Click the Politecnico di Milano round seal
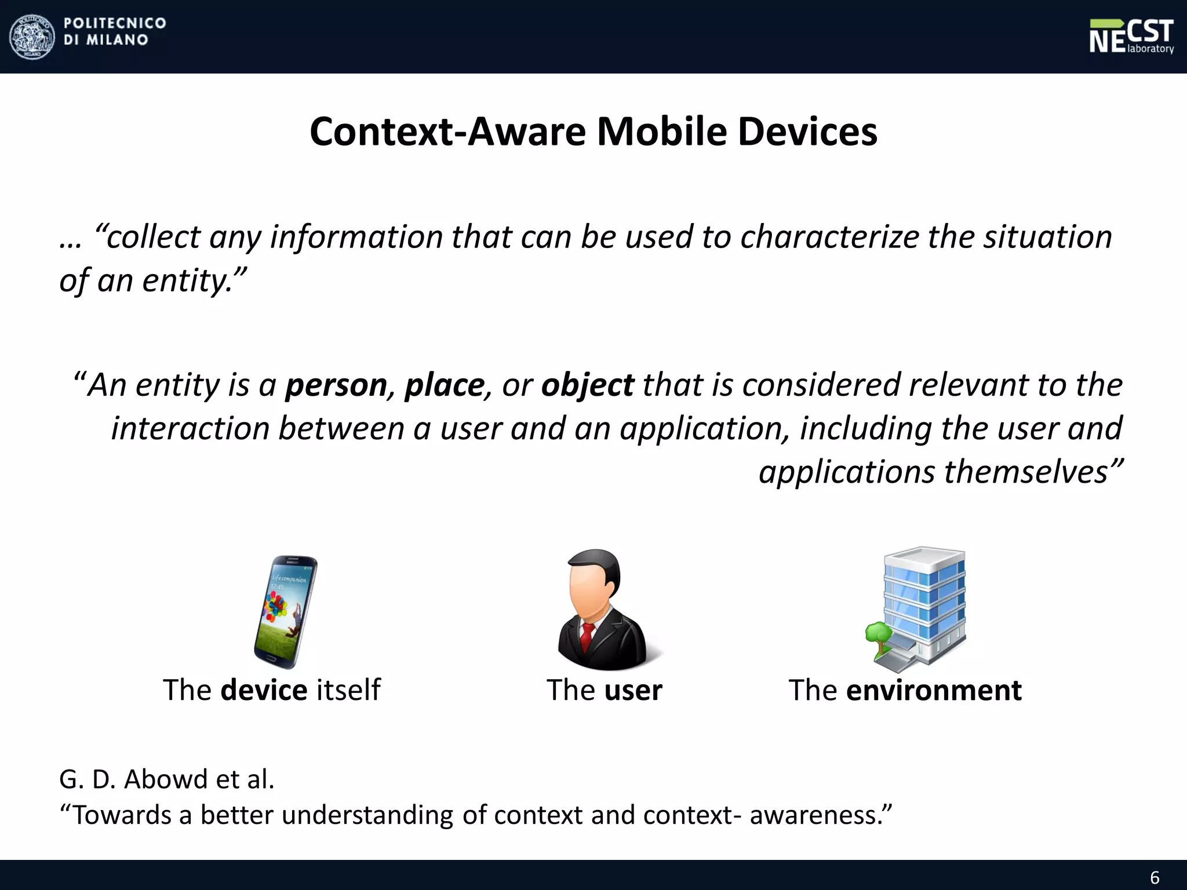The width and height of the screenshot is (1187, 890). tap(32, 37)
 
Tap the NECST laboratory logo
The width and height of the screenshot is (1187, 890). tap(1131, 37)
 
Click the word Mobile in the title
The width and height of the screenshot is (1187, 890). tap(661, 132)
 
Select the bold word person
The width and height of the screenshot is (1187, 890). tap(336, 385)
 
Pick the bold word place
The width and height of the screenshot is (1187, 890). tap(444, 385)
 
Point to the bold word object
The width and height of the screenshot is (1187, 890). tap(587, 385)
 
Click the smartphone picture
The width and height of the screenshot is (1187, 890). tap(286, 612)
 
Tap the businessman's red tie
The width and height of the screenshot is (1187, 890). tap(587, 636)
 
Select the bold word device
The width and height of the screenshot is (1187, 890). tap(264, 690)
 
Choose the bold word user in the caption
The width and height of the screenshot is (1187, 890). tap(633, 690)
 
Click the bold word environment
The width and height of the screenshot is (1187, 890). tap(933, 690)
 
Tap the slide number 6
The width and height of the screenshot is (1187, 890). tap(1155, 877)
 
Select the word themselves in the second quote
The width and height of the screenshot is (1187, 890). tap(1026, 471)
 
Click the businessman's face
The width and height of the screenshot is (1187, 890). tap(588, 591)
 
